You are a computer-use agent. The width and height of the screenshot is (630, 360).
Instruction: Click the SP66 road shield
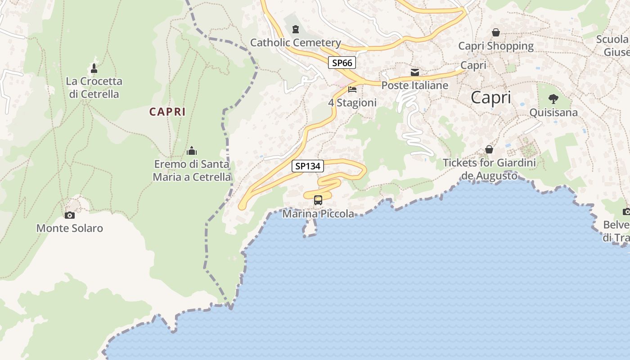click(x=342, y=63)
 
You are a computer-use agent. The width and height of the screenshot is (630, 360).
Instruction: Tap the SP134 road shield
click(x=308, y=166)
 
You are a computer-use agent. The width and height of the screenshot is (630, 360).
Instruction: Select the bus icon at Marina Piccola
click(x=318, y=200)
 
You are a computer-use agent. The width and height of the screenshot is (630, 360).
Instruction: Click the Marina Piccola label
click(x=318, y=214)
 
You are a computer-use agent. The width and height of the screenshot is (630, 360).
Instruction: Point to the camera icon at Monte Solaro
click(x=69, y=215)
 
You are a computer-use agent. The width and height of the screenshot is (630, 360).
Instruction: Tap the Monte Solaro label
click(x=69, y=228)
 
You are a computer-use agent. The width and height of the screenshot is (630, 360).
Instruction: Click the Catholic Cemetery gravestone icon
click(x=295, y=30)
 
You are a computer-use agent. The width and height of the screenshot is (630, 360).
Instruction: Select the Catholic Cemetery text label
click(x=295, y=43)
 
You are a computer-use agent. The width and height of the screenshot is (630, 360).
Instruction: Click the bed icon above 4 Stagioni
click(x=352, y=90)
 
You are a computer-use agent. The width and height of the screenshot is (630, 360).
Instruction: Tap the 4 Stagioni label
click(x=352, y=103)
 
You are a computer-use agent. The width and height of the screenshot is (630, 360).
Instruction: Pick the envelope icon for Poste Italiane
click(x=414, y=72)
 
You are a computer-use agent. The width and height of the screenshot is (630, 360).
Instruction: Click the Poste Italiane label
click(x=414, y=85)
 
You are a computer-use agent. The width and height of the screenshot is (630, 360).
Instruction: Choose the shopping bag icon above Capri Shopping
click(x=495, y=32)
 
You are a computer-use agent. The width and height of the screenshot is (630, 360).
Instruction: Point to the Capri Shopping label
click(x=495, y=46)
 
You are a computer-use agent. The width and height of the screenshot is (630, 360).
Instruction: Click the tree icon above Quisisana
click(x=553, y=99)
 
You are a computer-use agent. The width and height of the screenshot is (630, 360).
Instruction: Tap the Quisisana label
click(x=553, y=112)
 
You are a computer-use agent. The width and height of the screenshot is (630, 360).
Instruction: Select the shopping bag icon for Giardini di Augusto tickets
click(x=489, y=149)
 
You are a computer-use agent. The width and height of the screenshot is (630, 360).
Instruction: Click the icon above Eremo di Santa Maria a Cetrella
click(x=192, y=151)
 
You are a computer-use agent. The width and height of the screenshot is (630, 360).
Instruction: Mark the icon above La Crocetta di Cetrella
click(x=94, y=68)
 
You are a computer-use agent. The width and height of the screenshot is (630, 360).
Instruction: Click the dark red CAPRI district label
click(x=167, y=112)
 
